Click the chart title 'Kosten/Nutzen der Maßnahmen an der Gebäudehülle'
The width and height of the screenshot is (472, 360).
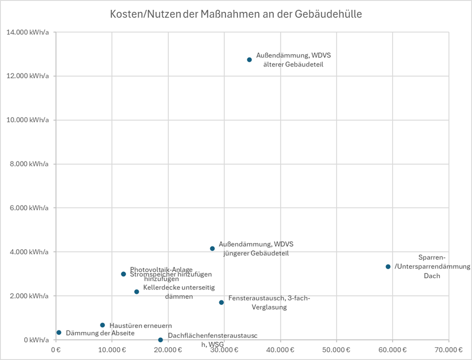tap(236, 14)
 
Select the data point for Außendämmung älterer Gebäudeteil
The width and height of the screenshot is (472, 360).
tap(249, 60)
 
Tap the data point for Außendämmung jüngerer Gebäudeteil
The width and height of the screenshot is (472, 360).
tap(212, 249)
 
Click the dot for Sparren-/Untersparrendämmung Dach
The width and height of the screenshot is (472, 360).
tap(388, 266)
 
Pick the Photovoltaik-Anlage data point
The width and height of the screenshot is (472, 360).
tap(123, 274)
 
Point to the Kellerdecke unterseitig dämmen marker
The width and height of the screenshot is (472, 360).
tap(136, 292)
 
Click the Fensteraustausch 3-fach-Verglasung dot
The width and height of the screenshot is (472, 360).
tap(221, 302)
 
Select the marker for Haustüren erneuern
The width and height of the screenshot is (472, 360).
tap(102, 325)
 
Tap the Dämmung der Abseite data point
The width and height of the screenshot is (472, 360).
tap(59, 332)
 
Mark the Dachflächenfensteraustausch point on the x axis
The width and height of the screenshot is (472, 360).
tap(160, 340)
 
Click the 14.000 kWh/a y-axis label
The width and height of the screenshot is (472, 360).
tap(27, 33)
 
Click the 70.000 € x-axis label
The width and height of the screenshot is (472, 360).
tap(448, 350)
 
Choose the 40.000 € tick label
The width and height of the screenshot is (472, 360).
tap(280, 350)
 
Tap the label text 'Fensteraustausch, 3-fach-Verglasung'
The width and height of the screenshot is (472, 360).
tap(269, 302)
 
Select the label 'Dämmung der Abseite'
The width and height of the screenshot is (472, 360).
tap(100, 333)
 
